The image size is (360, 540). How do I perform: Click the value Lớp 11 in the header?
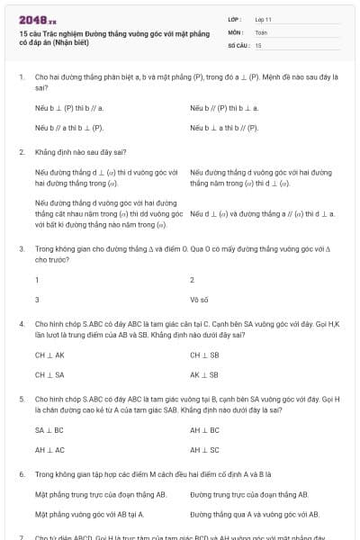click(x=263, y=18)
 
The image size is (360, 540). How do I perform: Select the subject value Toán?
click(x=261, y=31)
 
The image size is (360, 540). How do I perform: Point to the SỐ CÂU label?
click(x=238, y=44)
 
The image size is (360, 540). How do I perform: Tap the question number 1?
click(x=21, y=77)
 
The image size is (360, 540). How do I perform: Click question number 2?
click(x=21, y=151)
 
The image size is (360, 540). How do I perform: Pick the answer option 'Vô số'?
click(x=200, y=298)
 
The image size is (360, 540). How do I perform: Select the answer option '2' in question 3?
click(x=193, y=280)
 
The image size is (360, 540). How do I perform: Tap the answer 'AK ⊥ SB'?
click(x=204, y=373)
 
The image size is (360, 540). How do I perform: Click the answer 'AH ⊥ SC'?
click(x=204, y=449)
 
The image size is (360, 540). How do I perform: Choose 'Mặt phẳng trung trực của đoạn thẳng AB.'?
click(x=101, y=494)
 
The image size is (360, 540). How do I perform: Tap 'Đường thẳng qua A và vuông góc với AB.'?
click(x=255, y=514)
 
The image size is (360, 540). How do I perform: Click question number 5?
click(x=21, y=397)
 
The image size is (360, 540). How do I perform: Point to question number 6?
click(x=21, y=472)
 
